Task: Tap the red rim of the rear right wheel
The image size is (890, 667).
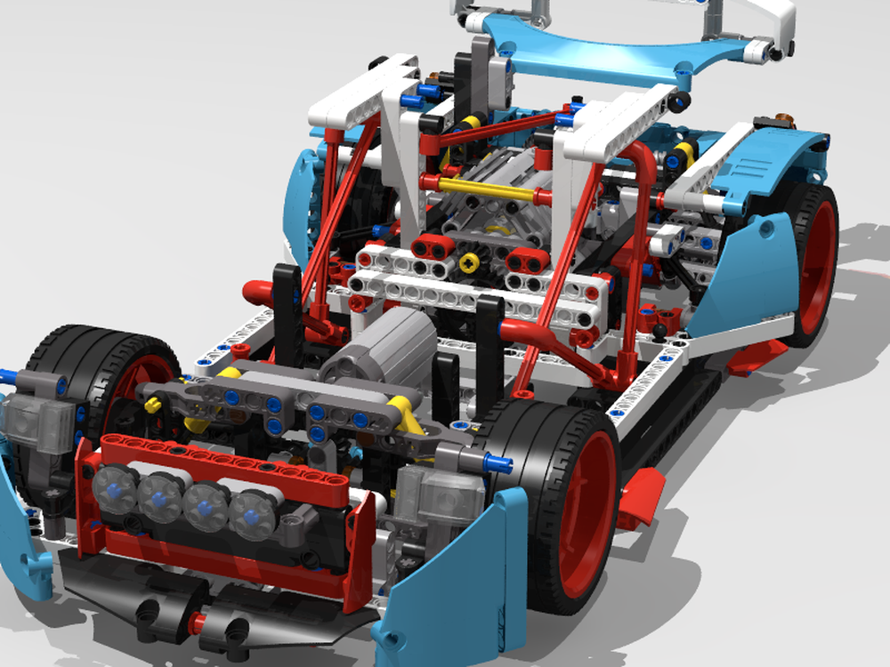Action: [817, 267]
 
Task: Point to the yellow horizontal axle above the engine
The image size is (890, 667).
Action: [485, 189]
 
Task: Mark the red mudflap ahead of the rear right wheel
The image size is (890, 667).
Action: [752, 356]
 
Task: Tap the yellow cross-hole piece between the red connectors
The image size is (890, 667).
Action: [469, 261]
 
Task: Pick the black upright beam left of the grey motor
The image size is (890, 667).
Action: [287, 307]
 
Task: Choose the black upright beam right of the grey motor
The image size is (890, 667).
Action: [489, 342]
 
